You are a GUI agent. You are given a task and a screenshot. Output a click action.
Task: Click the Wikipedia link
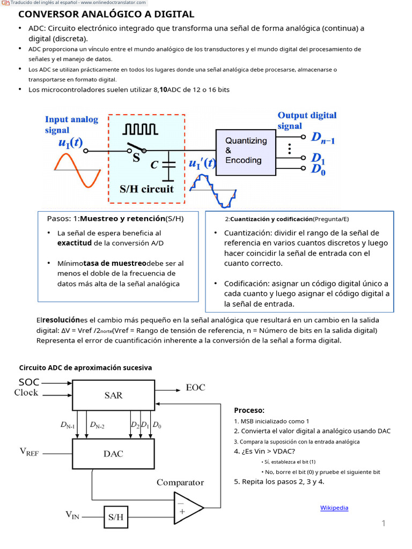click(334, 508)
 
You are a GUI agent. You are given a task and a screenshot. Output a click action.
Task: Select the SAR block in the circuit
click(113, 395)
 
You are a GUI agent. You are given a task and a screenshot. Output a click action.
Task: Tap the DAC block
click(113, 453)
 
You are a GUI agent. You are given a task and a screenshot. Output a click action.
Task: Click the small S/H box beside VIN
click(115, 517)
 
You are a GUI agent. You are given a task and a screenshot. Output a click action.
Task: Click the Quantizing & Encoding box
click(246, 151)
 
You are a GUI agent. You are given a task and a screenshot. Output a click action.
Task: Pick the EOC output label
click(195, 387)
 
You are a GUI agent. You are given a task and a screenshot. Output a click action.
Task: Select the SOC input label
click(29, 382)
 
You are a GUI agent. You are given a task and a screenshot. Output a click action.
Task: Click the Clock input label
click(26, 392)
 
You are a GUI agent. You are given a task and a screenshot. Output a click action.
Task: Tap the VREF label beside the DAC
click(30, 452)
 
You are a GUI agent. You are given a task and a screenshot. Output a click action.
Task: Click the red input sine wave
click(78, 169)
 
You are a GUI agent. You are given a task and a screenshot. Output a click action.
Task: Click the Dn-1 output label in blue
click(323, 138)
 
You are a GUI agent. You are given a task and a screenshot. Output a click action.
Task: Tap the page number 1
click(384, 523)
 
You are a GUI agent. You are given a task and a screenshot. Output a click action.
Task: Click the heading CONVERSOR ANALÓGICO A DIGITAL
click(106, 14)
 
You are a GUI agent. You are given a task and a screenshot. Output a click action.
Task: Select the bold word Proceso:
click(249, 410)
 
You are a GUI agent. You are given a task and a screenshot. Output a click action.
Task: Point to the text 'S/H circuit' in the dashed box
click(146, 189)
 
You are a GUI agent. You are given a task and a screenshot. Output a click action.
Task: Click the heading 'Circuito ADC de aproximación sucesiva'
click(85, 367)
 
